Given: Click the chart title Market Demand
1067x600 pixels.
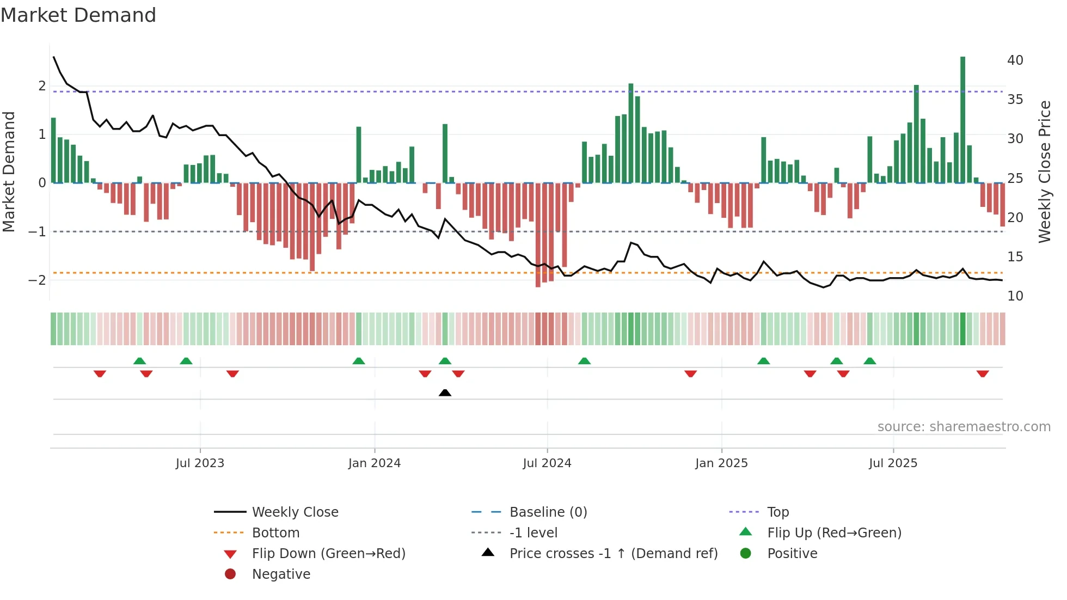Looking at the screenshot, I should (78, 15).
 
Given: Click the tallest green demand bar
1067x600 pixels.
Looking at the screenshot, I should (962, 120).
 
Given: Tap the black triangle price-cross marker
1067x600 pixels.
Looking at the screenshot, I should (445, 393).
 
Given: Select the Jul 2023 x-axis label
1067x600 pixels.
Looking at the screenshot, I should (200, 463).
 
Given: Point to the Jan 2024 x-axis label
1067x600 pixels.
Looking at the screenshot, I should (375, 463).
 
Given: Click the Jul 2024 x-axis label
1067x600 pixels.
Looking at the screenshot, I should (547, 463).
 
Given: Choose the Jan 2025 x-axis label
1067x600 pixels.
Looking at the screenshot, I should (721, 463).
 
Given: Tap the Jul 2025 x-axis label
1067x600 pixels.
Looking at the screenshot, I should (893, 463).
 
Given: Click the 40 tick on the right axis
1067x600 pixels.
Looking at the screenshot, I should (1015, 60).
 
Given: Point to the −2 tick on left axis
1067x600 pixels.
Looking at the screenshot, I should (37, 280).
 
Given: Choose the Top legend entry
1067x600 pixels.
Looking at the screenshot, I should (777, 512).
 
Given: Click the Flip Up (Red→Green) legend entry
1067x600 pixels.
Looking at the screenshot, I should (834, 532).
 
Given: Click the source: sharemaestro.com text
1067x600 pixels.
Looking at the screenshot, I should (964, 426).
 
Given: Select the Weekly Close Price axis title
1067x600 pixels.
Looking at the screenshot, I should (1044, 172).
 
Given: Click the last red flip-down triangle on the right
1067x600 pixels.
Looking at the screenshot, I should (983, 374).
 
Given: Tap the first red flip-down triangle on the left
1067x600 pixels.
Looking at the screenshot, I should (100, 374).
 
